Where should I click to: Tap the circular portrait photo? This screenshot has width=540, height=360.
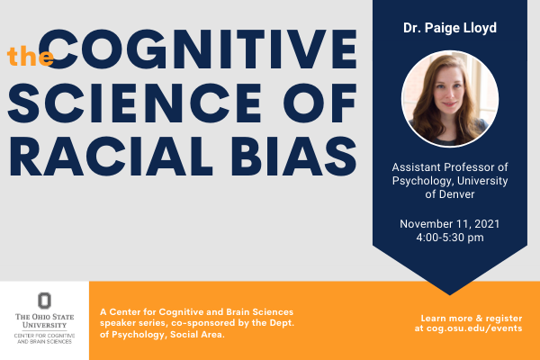449,99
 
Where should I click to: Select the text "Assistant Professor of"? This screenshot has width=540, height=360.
449,167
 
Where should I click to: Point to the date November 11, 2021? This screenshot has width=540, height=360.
449,224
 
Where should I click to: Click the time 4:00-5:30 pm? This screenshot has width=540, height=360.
449,238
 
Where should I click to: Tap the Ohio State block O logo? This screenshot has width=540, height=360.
44,301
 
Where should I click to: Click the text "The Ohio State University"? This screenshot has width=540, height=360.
44,321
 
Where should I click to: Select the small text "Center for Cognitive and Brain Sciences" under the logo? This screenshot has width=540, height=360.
44,339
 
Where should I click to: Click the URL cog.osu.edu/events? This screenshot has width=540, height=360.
468,329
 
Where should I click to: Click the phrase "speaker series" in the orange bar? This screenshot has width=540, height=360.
134,320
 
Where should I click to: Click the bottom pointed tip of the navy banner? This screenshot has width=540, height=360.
449,292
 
